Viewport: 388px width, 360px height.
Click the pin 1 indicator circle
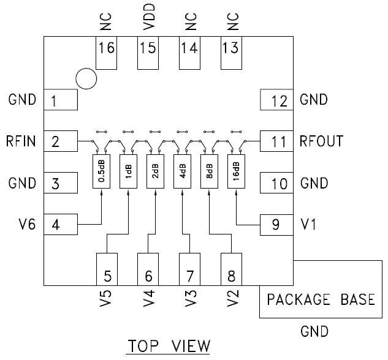coord(86,78)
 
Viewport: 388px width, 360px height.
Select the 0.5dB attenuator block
coord(101,172)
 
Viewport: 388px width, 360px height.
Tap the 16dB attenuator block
coord(236,172)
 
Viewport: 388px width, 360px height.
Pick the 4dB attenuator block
coord(182,172)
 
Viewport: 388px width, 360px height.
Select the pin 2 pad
coord(60,142)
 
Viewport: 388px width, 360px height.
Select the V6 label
coord(28,225)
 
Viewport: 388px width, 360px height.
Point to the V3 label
coord(190,298)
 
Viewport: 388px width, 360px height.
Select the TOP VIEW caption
coord(168,347)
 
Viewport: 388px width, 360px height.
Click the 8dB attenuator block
coord(209,172)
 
